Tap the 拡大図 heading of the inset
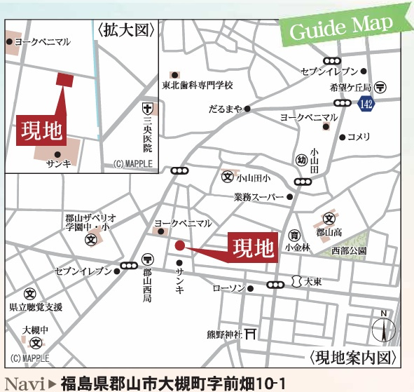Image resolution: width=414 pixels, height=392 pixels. [126, 29]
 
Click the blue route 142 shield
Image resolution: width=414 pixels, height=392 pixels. [364, 104]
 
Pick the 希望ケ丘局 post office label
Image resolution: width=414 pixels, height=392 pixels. [350, 88]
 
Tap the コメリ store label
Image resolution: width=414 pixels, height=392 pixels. [359, 136]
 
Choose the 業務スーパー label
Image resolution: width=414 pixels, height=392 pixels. [258, 197]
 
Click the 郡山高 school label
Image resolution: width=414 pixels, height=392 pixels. [327, 231]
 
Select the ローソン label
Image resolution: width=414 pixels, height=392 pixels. [228, 288]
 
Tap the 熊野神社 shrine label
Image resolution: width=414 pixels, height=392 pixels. [223, 333]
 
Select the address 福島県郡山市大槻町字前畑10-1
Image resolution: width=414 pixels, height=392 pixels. [165, 383]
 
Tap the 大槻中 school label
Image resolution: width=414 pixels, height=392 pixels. [34, 330]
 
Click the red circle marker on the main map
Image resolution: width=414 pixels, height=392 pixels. [179, 245]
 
